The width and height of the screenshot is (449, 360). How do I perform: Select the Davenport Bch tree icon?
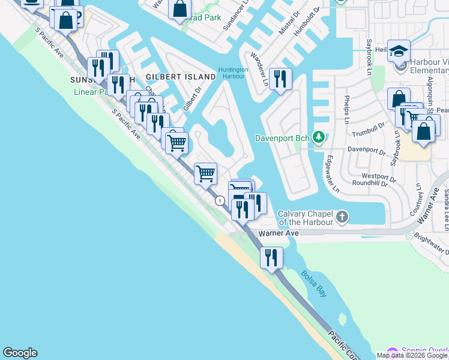[319, 139]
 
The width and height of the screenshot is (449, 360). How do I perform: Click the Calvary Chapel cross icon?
[342, 217]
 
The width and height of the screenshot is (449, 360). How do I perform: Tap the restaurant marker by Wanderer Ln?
[280, 79]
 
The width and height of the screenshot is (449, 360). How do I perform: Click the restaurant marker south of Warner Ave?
[271, 257]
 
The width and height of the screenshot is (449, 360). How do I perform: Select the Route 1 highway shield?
[221, 200]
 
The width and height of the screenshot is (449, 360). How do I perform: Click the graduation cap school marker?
[399, 52]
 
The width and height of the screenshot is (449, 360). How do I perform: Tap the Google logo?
[20, 353]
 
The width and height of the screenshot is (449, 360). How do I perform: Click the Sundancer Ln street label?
[231, 22]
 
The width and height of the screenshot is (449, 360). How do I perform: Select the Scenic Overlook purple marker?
[393, 352]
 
